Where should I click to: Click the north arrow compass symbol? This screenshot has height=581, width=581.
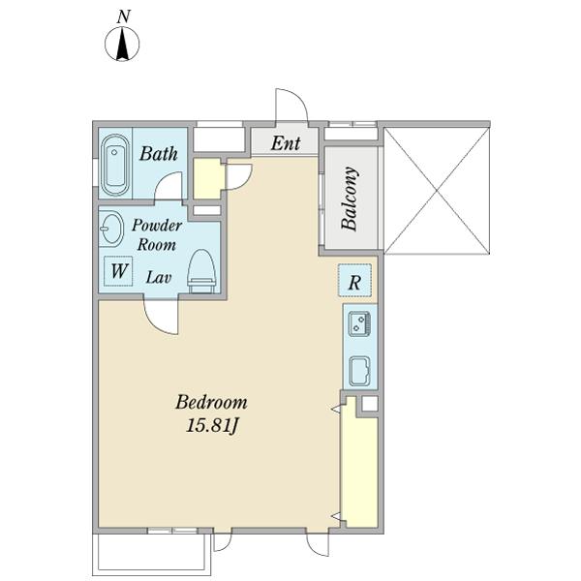[122, 44]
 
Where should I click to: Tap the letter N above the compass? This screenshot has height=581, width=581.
[123, 17]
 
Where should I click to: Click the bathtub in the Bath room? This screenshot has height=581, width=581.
[115, 165]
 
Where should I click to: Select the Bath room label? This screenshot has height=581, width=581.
[159, 153]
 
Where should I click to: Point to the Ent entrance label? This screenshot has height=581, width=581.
[286, 143]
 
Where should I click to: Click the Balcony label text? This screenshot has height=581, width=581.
[350, 199]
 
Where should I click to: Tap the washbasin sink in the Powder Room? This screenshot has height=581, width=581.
[110, 228]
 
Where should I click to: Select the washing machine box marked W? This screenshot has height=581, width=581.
[118, 271]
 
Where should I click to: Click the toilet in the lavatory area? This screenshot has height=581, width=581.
[201, 271]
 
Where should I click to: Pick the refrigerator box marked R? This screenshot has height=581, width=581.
[354, 281]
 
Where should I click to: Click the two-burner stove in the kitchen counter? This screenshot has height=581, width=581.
[359, 323]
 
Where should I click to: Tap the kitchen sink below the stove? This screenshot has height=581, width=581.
[359, 371]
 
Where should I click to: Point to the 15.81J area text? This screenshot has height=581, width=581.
[211, 425]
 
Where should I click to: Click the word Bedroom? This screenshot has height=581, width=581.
[211, 402]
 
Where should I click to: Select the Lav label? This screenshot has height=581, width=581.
[159, 277]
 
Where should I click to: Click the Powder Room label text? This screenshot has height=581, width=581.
[156, 234]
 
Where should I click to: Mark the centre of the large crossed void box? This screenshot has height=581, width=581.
[438, 191]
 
